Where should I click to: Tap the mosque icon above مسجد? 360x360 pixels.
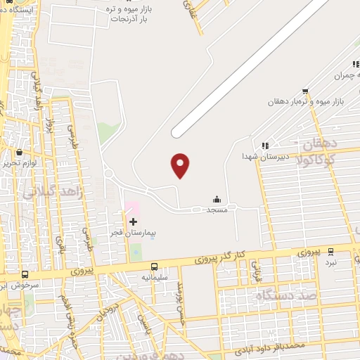coord(216,199)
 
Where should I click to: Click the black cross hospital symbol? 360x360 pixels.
coord(133,221)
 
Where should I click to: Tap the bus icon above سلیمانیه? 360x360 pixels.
coord(154,266)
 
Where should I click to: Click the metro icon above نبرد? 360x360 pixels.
coord(330,252)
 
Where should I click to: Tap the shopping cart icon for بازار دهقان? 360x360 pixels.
coord(304,91)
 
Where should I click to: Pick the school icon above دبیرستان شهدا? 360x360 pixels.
coord(264,146)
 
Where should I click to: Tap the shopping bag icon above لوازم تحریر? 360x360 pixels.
coord(18,152)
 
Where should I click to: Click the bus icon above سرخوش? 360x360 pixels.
coord(25,275)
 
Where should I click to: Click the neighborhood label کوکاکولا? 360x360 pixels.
coord(331,160)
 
